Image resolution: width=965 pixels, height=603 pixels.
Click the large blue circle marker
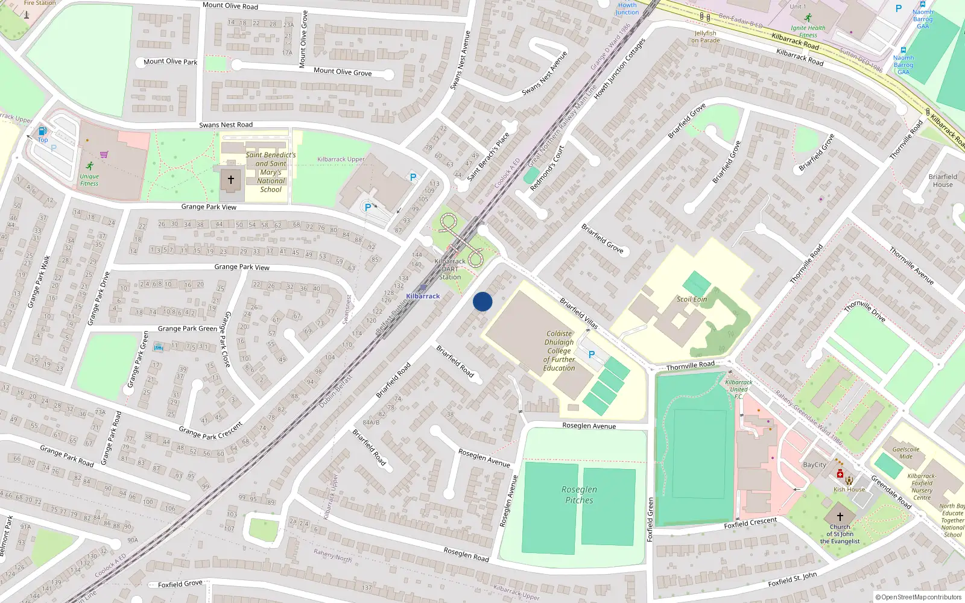click(x=482, y=301)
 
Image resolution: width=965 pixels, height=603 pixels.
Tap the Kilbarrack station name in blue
click(x=423, y=296)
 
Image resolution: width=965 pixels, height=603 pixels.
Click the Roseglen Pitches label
click(x=579, y=494)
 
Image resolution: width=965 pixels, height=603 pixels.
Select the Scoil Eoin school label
click(x=692, y=299)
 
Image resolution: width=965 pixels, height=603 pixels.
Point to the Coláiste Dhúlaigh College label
click(x=559, y=350)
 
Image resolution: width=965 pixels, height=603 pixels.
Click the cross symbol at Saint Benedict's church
click(x=230, y=180)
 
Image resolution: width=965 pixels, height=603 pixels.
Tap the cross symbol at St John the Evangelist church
click(x=840, y=517)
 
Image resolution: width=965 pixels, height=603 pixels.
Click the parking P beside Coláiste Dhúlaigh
click(x=592, y=355)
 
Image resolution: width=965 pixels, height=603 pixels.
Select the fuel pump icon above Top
click(x=42, y=131)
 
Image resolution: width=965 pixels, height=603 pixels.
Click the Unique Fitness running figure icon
click(x=90, y=166)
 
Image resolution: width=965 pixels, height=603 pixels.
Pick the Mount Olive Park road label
click(x=170, y=62)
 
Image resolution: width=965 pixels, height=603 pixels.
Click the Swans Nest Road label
click(x=226, y=125)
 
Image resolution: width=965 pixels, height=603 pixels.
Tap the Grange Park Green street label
click(x=187, y=329)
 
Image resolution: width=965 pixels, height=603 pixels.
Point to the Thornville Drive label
click(x=865, y=311)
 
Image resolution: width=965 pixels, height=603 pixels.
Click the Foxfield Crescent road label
click(x=750, y=523)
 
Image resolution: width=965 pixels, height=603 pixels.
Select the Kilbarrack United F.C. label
click(x=739, y=389)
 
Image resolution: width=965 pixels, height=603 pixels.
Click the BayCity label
click(x=814, y=465)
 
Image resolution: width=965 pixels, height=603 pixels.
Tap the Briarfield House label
click(x=943, y=181)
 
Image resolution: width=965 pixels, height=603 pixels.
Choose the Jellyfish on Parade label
click(x=706, y=37)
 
